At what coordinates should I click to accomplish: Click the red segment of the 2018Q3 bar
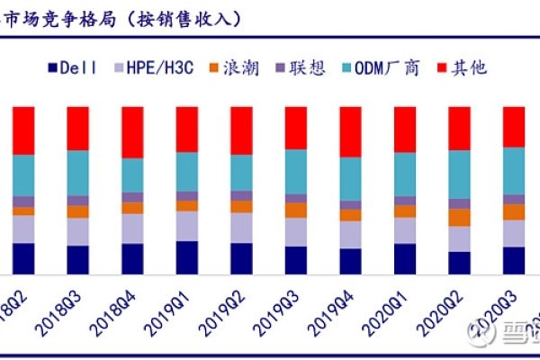point(78,128)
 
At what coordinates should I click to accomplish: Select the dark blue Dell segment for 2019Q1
point(187,256)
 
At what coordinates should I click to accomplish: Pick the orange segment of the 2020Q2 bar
point(459,217)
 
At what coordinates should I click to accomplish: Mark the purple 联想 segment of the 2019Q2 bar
point(241,195)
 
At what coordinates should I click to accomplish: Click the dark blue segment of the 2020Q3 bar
point(513,259)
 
